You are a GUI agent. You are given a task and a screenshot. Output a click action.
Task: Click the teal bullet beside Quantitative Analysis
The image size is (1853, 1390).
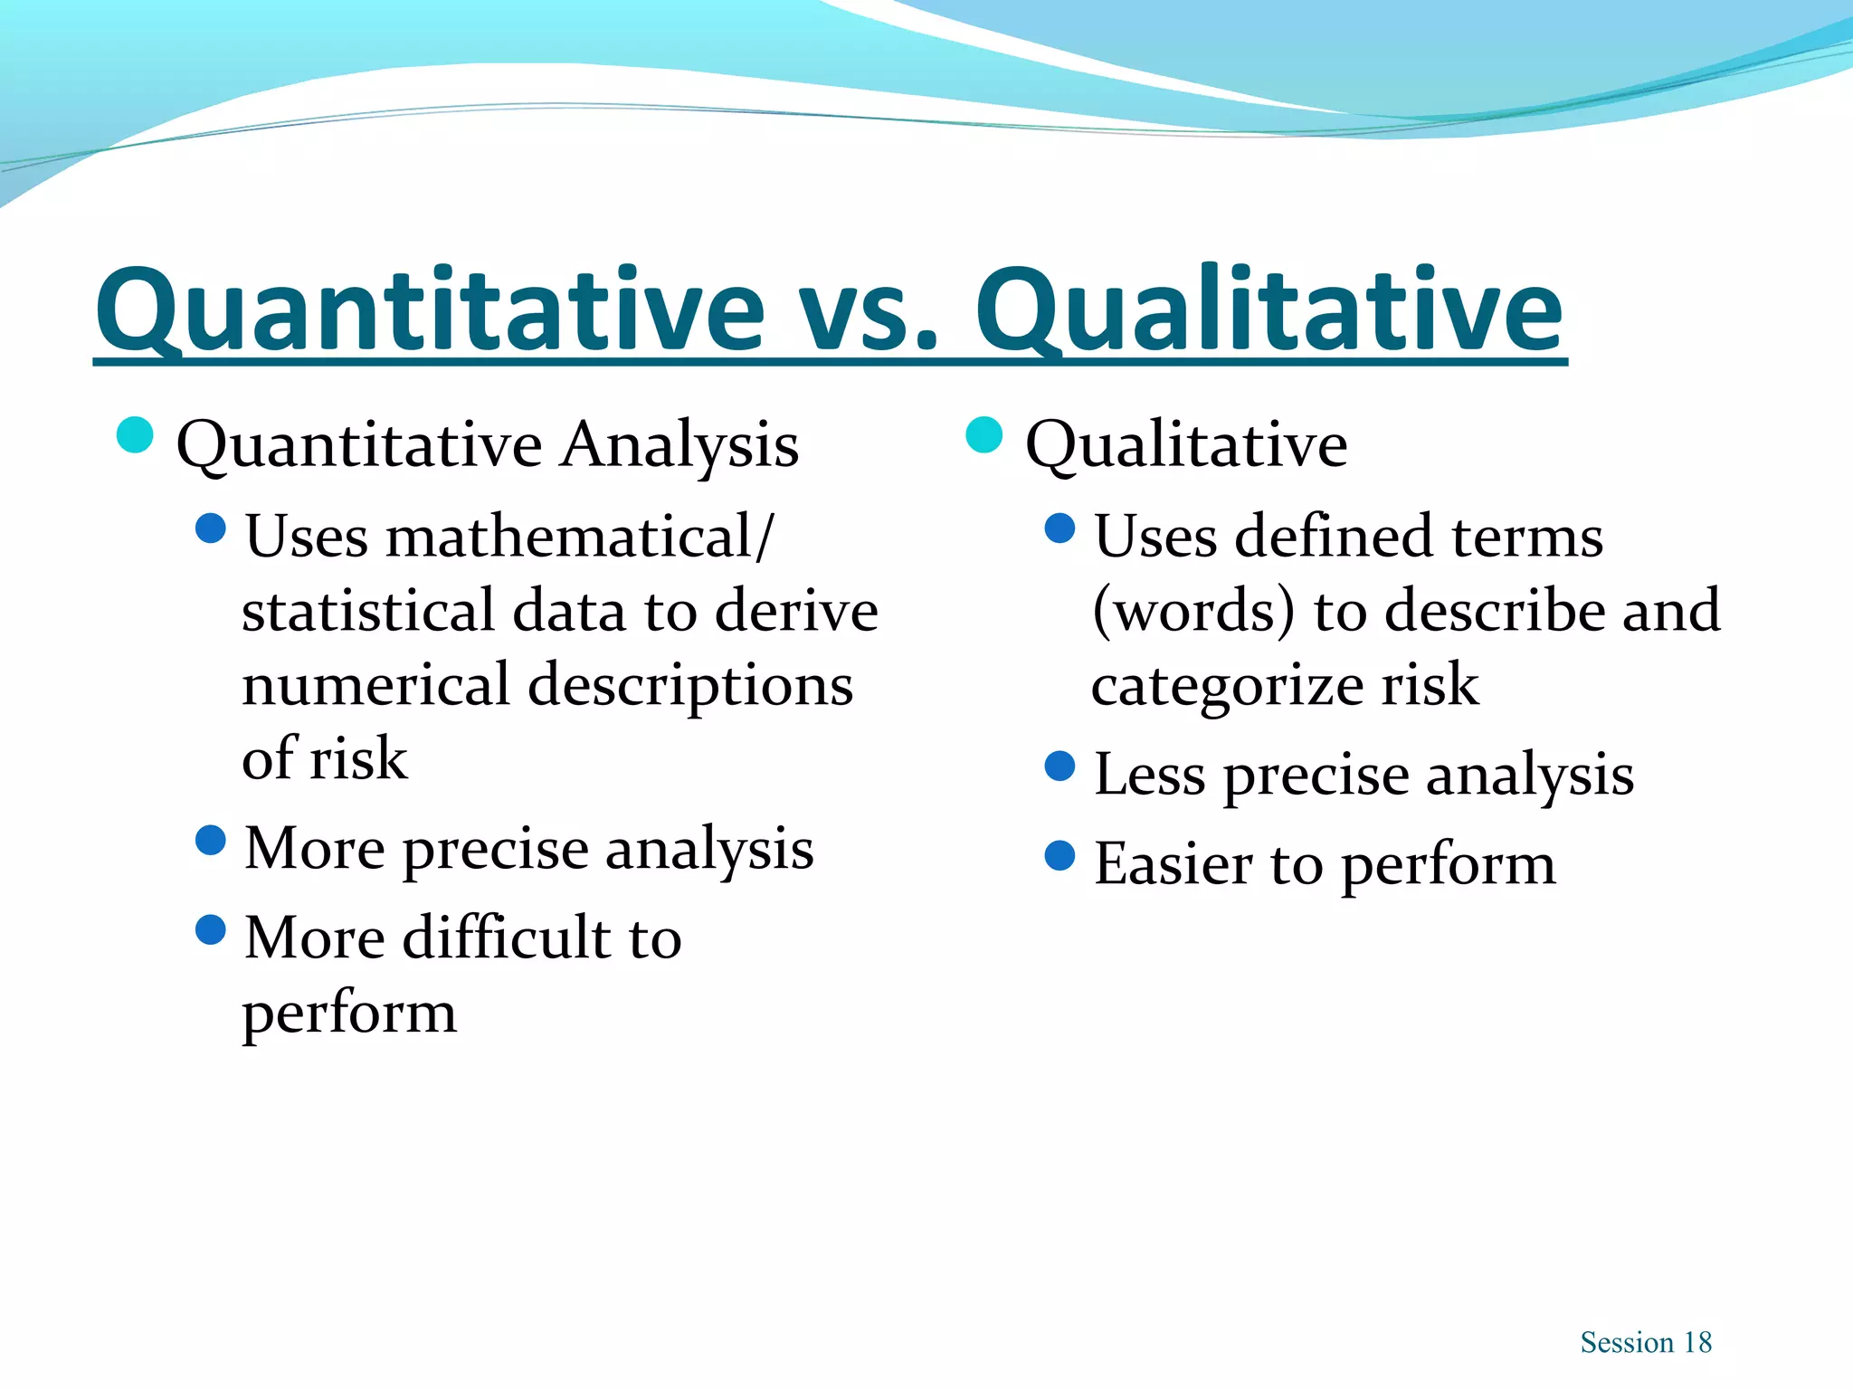135,435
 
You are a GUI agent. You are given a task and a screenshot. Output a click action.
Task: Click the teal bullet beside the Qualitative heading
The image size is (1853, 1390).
984,435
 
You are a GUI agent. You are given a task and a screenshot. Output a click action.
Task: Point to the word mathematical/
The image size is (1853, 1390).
579,537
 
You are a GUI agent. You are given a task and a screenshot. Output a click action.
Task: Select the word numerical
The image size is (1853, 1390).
375,685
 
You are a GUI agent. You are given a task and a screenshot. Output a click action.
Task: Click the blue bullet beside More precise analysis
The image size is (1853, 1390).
210,840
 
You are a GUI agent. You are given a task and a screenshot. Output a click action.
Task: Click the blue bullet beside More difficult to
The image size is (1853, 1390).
210,929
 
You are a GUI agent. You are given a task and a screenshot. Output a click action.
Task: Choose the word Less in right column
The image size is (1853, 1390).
1149,776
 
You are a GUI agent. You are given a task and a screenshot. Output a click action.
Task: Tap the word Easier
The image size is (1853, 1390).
1173,864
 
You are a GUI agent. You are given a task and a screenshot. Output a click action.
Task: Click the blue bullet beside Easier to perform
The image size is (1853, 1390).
1060,855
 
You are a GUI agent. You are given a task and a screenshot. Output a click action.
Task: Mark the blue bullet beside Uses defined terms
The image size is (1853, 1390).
1060,528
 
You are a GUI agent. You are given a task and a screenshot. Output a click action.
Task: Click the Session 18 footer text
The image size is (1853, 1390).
1646,1342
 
